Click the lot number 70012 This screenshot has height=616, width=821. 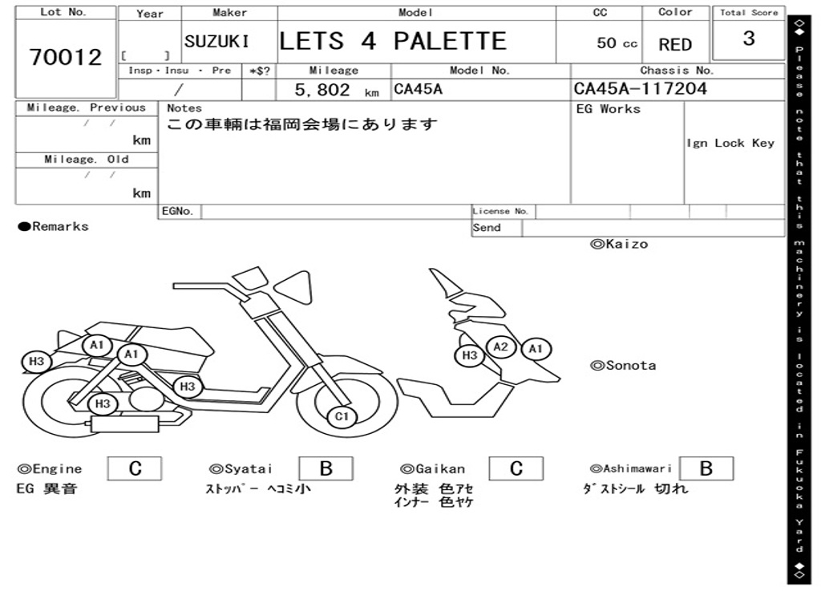click(x=66, y=58)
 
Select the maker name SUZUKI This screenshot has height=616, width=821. click(x=216, y=42)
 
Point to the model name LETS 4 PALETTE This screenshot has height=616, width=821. click(x=393, y=41)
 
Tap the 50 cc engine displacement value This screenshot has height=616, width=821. click(x=617, y=43)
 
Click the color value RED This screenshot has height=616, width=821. click(x=675, y=45)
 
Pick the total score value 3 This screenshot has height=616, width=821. click(x=749, y=38)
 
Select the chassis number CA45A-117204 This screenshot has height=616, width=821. click(x=640, y=88)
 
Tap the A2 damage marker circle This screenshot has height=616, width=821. click(x=501, y=346)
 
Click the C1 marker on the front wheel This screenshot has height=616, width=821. click(x=342, y=416)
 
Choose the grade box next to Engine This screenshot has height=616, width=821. click(x=135, y=468)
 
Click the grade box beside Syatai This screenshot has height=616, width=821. click(x=326, y=468)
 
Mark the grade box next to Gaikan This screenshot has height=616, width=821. click(x=516, y=468)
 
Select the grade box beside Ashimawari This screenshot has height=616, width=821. click(x=706, y=468)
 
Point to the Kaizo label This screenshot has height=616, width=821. click(x=619, y=244)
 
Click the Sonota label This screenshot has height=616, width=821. click(x=623, y=366)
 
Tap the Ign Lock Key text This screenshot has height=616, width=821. click(x=730, y=143)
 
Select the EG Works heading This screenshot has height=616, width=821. click(x=609, y=109)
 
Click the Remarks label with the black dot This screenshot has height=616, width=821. click(x=54, y=227)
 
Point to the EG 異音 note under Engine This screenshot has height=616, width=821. click(x=47, y=488)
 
